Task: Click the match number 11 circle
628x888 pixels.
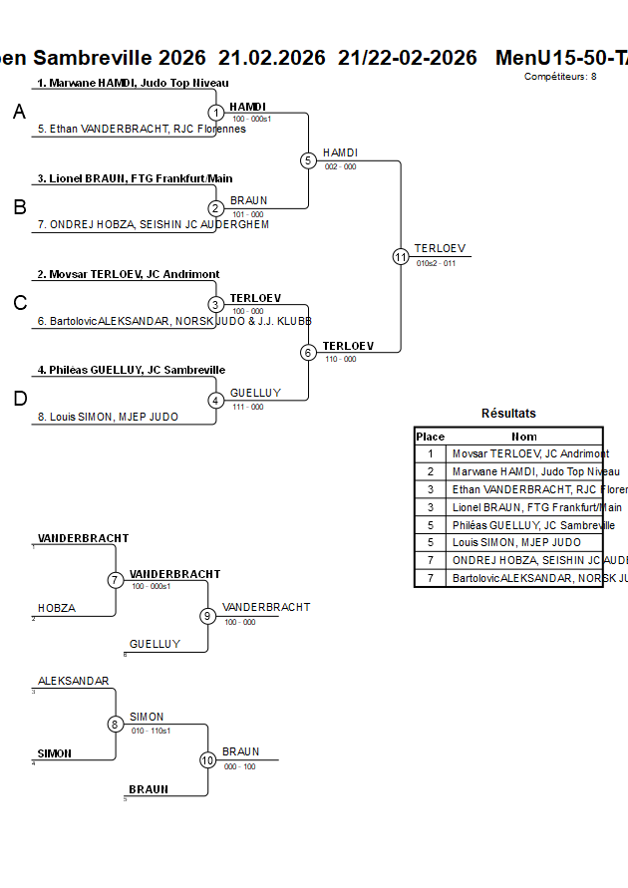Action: [x=401, y=256]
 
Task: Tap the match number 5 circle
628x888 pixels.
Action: [x=308, y=160]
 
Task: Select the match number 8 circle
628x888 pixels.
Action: [x=116, y=725]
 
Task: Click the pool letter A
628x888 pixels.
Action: [x=19, y=113]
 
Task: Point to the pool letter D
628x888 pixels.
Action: [x=20, y=399]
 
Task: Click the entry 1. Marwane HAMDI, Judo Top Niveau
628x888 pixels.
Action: [x=133, y=83]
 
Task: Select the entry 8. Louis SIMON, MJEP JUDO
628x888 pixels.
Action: [x=108, y=417]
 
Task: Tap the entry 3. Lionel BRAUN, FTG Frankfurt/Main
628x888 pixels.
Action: [x=135, y=178]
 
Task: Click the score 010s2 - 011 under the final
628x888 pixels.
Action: [x=436, y=264]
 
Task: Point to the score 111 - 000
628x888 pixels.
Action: [x=248, y=407]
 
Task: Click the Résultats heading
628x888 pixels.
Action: [x=508, y=413]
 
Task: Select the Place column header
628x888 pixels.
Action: [x=430, y=437]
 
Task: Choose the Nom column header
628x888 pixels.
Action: [x=524, y=437]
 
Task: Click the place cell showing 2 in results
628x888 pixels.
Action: [x=430, y=471]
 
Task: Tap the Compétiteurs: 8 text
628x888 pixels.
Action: [x=560, y=76]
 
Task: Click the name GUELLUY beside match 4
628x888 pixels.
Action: [x=255, y=393]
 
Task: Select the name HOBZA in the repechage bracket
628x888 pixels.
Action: [x=57, y=608]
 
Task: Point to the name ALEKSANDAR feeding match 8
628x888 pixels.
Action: [x=74, y=681]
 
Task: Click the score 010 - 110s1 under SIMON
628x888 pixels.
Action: [x=151, y=731]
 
